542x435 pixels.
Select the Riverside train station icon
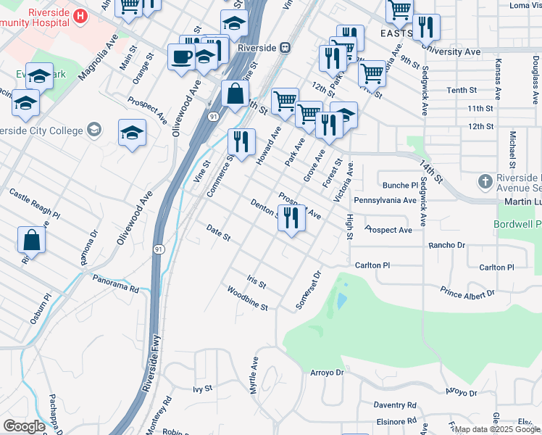click(x=285, y=47)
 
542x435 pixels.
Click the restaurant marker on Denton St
click(x=291, y=217)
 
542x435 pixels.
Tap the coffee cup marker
click(x=180, y=57)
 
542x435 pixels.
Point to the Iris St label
click(x=257, y=281)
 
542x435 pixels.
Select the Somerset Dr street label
click(x=309, y=290)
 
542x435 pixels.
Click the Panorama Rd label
click(x=114, y=283)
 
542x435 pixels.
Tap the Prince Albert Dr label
click(x=467, y=292)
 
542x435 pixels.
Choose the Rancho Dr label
click(x=446, y=245)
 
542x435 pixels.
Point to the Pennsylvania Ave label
click(x=385, y=199)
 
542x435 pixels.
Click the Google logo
click(x=24, y=426)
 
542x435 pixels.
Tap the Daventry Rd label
click(x=395, y=405)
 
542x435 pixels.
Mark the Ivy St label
click(x=202, y=389)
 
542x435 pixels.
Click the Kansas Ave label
click(x=498, y=80)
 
